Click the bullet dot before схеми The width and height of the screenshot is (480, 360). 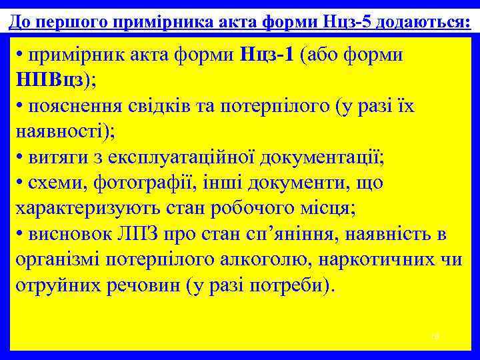coord(20,183)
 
